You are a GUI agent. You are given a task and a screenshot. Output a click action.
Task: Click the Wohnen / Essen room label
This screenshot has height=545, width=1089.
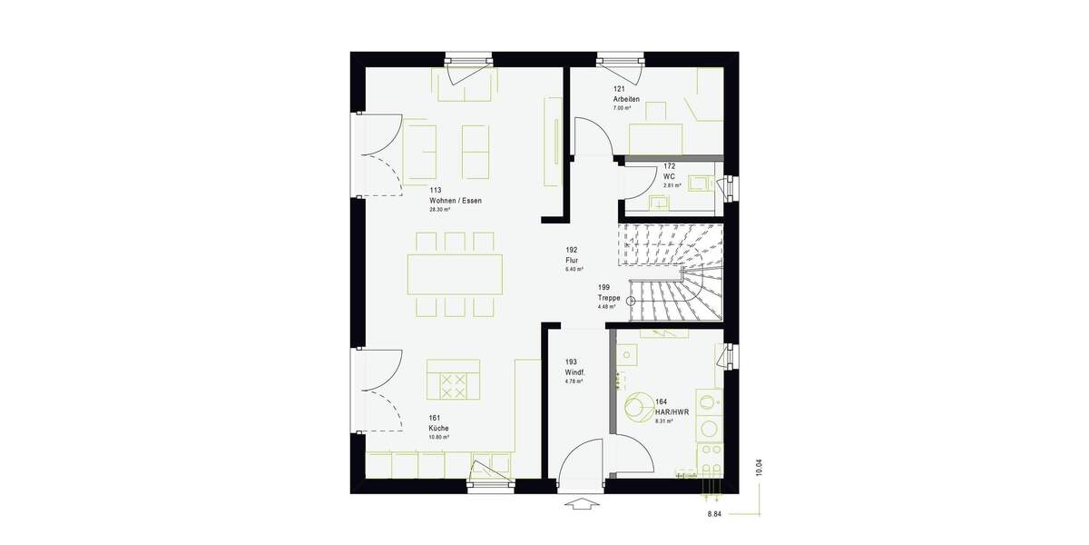(456, 200)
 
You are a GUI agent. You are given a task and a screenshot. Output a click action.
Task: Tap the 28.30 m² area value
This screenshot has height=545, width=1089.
(440, 210)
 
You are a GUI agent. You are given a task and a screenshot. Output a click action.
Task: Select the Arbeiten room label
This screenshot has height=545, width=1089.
(626, 99)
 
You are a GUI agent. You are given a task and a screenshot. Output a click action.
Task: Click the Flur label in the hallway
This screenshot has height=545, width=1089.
(571, 260)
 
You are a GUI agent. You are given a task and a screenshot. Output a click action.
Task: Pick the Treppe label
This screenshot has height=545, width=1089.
(609, 297)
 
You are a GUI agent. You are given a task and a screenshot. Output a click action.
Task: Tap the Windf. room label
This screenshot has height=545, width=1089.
(574, 372)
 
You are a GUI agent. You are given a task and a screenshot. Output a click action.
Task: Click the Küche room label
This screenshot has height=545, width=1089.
(439, 428)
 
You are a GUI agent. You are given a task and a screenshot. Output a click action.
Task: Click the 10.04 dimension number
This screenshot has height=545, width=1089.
(760, 469)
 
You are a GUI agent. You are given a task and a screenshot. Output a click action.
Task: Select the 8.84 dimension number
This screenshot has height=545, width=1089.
(716, 515)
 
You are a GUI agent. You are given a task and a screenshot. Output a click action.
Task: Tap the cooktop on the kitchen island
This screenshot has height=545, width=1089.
(452, 386)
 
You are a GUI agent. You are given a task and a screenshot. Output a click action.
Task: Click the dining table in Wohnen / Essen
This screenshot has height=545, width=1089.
(455, 273)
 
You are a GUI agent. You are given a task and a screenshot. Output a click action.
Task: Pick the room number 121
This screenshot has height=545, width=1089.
(619, 89)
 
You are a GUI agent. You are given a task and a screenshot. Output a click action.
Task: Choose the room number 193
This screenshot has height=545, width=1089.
(571, 362)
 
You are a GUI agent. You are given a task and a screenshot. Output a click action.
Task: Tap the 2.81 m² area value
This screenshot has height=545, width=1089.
(672, 185)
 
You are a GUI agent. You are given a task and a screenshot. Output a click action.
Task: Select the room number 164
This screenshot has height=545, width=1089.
(661, 401)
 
